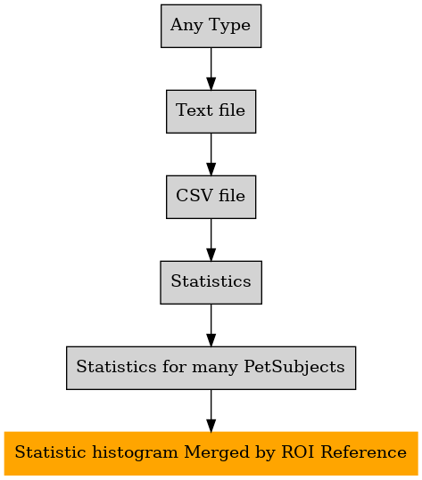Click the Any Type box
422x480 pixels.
[x=211, y=26]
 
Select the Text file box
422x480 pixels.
[x=211, y=111]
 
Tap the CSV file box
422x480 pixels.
[x=211, y=197]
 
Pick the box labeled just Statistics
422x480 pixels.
[x=211, y=282]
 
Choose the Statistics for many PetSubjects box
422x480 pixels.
[x=211, y=368]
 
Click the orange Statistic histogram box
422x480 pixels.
[x=211, y=453]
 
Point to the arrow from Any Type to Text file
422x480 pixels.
[x=211, y=69]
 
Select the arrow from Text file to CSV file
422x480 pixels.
[x=211, y=154]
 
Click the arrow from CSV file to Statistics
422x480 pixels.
[x=211, y=240]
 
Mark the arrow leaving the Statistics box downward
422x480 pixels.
[x=211, y=325]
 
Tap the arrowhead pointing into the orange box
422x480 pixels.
[x=211, y=426]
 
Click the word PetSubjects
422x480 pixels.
[x=294, y=367]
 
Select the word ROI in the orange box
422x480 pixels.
[x=298, y=452]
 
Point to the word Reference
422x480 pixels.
[x=364, y=452]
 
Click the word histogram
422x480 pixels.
[x=135, y=453]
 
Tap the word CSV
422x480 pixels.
[x=195, y=195]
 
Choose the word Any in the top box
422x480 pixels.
[x=186, y=25]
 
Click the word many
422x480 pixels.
[x=215, y=368]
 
